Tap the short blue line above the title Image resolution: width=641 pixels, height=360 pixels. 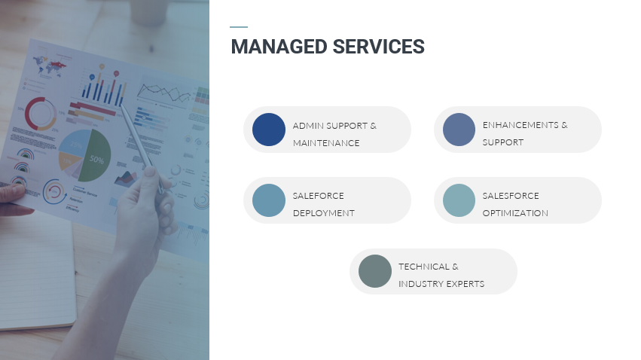point(239,27)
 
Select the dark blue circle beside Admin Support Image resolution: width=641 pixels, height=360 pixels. point(269,130)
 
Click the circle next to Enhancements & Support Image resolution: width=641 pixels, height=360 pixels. point(459,130)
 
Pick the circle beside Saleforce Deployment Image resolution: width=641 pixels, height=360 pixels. point(269,200)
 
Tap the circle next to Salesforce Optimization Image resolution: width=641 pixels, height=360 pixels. point(459,200)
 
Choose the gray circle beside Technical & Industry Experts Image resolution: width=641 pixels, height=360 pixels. point(374,271)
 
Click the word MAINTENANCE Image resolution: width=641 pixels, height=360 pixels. point(326,143)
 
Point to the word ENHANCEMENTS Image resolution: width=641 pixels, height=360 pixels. point(520,125)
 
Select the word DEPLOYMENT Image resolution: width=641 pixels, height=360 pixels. point(323,213)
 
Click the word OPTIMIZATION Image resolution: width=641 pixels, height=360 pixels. point(515,213)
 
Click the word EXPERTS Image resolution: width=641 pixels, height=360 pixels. point(465,285)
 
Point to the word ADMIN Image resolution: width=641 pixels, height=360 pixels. point(307,125)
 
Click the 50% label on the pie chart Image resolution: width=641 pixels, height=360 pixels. point(97,160)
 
